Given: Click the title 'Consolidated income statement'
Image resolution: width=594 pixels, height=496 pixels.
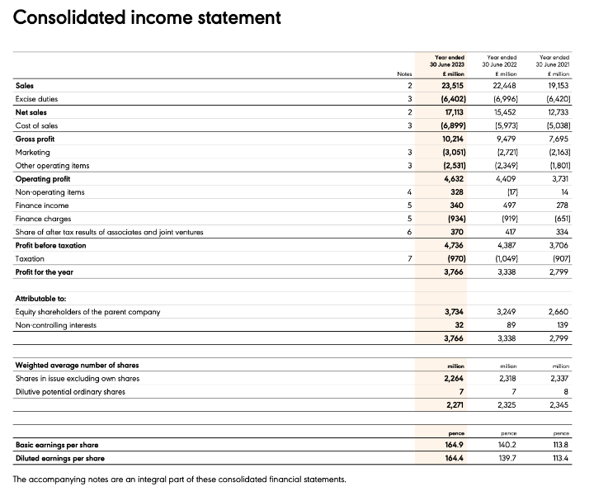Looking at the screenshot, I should (x=147, y=17).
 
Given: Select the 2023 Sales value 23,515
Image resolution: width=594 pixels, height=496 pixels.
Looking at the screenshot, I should (x=450, y=85).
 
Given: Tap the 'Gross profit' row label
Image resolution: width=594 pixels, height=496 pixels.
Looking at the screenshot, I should (x=37, y=139).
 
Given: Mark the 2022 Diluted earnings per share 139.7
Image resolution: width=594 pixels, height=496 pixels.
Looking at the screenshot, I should (x=505, y=458).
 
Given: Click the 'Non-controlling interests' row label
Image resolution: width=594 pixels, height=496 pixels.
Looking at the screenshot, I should (x=56, y=325).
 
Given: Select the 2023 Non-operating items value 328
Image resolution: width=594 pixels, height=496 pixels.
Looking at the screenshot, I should (x=455, y=191).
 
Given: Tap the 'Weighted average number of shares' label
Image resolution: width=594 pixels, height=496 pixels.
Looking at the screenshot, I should (x=77, y=365).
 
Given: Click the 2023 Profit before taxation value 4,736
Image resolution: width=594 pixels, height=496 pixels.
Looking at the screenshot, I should (x=452, y=245).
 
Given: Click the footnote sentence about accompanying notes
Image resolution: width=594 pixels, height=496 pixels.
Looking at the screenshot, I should (x=180, y=479).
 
